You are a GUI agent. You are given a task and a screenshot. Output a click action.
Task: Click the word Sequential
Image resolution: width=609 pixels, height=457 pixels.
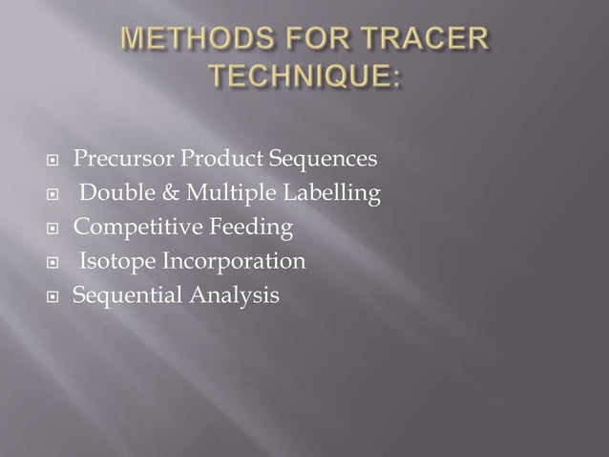[120, 296]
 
